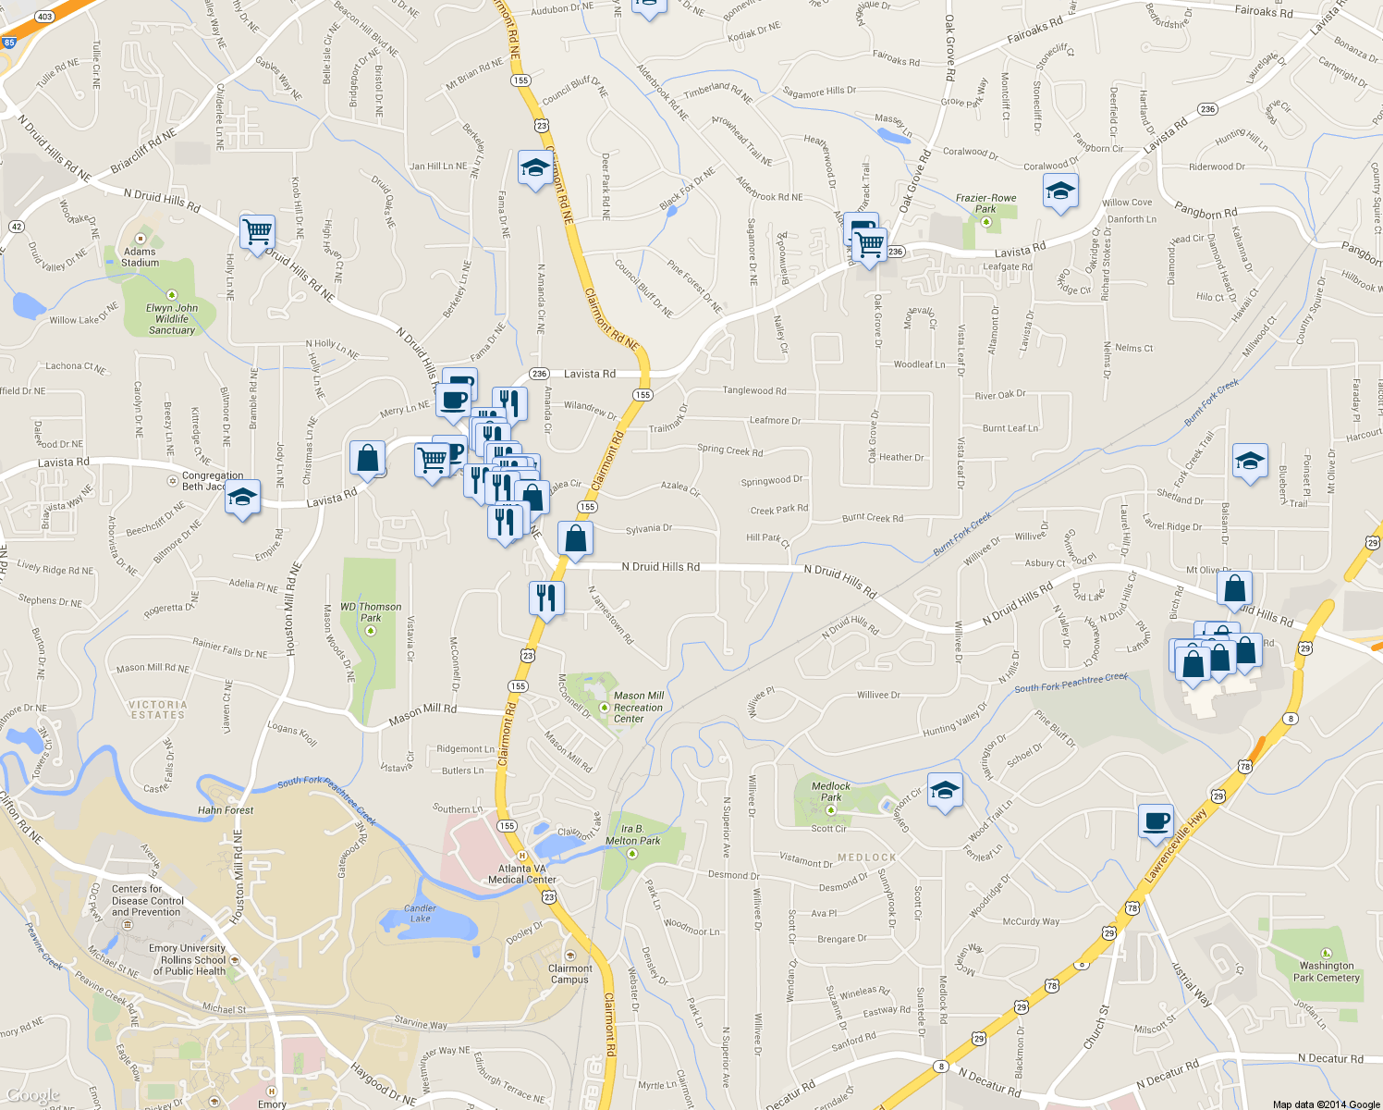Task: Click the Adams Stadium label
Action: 140,256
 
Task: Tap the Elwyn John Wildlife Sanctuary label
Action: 172,319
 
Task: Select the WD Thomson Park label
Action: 371,612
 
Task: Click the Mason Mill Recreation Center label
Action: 638,708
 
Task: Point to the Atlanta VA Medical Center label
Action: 522,874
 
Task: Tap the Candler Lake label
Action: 420,913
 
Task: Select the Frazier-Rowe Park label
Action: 985,203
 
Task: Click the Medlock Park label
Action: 831,791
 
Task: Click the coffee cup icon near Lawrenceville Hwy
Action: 1156,820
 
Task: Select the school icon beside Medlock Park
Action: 944,791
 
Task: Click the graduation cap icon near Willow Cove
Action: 1059,192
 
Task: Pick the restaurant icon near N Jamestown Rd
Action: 546,598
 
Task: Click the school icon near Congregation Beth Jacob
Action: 242,497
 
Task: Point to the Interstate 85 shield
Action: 8,43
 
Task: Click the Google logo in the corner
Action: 33,1096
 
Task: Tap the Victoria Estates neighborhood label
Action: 158,709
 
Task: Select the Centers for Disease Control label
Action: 148,900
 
